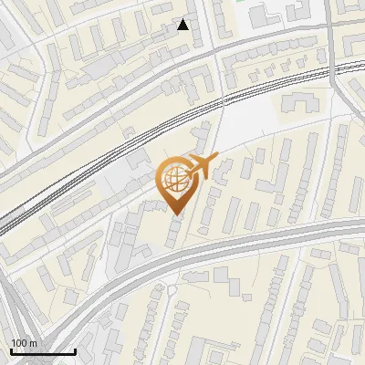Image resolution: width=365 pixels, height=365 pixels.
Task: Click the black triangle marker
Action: pos(183,25)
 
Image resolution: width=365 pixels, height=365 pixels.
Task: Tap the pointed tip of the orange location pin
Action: pos(175,214)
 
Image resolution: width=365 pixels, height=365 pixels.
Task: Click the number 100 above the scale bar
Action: pos(19,343)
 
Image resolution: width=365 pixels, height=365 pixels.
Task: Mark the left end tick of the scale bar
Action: pos(11,350)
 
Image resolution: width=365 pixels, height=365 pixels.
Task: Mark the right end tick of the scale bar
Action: pos(75,350)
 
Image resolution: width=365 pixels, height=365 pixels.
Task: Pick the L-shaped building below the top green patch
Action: pos(260,16)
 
